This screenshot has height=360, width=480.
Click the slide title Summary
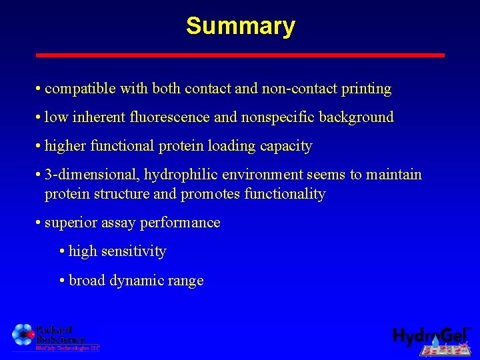pyautogui.click(x=240, y=26)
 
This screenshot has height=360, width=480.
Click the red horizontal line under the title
pyautogui.click(x=240, y=55)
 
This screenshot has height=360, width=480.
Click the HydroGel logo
pyautogui.click(x=431, y=337)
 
